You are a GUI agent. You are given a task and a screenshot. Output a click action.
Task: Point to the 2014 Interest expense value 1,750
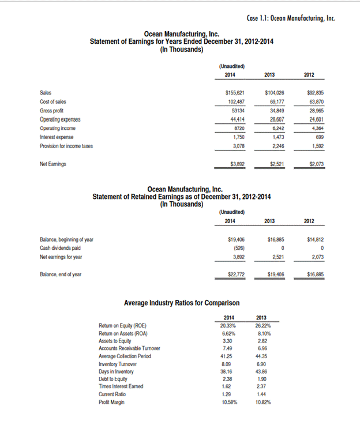[233, 137]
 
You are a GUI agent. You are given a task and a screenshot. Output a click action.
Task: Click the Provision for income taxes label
[66, 146]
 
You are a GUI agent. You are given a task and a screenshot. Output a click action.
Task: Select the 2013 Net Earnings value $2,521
[273, 164]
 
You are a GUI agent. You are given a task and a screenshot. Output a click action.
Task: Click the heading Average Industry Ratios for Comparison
[182, 303]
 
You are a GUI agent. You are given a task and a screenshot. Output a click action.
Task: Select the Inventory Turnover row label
[118, 364]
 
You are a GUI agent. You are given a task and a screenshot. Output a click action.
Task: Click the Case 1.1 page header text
[290, 17]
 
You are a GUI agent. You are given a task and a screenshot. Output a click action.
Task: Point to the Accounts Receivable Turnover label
[129, 348]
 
